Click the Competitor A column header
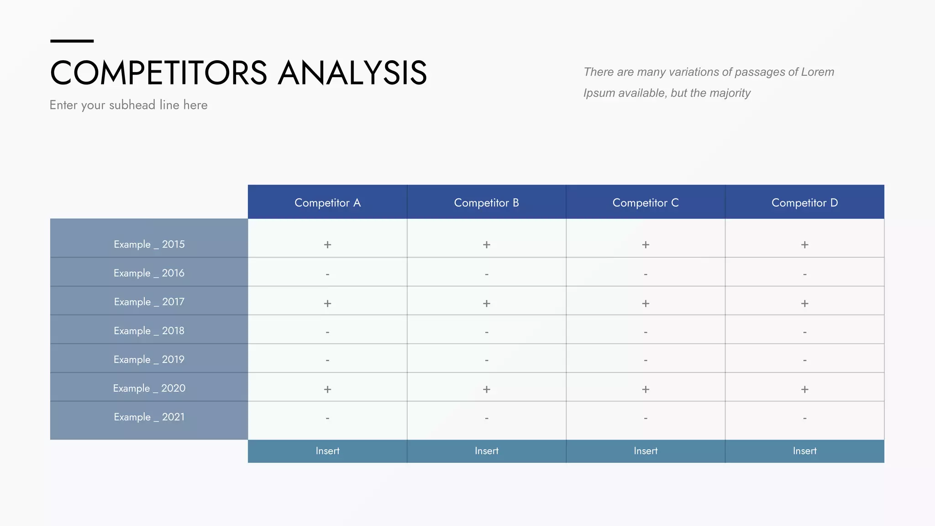coord(327,203)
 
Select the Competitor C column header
coord(645,203)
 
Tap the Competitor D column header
coord(804,203)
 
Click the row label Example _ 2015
coord(149,244)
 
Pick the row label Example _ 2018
coord(149,331)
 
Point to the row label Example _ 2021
coord(149,417)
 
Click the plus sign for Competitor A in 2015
coord(327,245)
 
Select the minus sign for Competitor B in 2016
coord(487,274)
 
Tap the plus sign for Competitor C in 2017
coord(646,303)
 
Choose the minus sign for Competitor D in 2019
coord(804,360)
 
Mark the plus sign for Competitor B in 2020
coord(487,389)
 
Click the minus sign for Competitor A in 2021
coord(327,418)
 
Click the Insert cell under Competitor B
coord(487,451)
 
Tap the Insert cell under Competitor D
coord(804,451)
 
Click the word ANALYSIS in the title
coord(352,73)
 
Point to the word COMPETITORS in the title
coord(158,73)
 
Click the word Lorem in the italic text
coord(817,72)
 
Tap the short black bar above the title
coord(72,41)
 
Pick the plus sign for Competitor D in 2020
coord(804,389)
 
